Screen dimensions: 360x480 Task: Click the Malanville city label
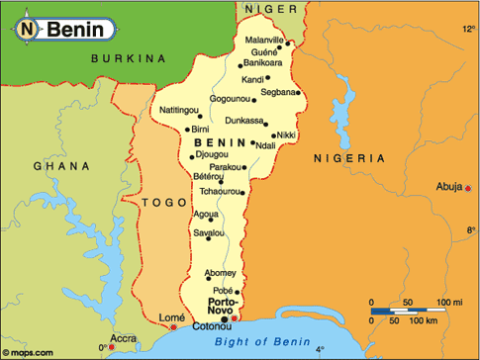click(264, 40)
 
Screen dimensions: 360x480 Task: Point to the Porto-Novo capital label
click(222, 307)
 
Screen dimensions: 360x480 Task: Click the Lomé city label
click(158, 316)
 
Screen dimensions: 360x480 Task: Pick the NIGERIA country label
click(348, 157)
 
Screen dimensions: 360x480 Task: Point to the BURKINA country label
click(127, 59)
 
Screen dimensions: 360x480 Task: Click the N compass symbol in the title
click(29, 30)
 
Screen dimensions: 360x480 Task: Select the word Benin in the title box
click(74, 30)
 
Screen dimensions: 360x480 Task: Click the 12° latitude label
click(468, 30)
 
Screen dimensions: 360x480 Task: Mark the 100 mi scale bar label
click(450, 302)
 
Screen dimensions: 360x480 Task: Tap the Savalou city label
click(209, 232)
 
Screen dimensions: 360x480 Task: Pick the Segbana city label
click(279, 92)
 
